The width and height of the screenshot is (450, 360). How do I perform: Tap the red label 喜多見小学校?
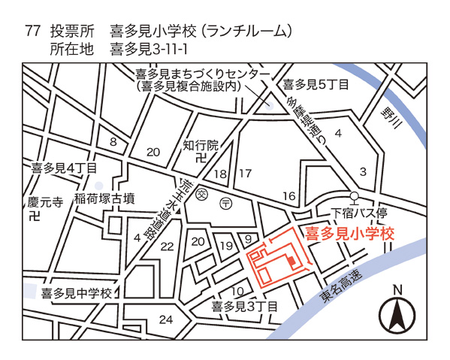click(349, 234)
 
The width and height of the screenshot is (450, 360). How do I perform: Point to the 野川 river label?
click(389, 121)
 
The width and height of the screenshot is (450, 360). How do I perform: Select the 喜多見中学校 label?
click(76, 292)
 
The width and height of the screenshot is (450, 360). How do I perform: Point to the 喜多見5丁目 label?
click(315, 84)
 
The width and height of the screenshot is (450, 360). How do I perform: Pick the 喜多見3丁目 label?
click(244, 306)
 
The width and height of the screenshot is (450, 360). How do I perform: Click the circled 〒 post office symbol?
click(225, 204)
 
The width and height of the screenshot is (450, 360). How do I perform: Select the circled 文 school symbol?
click(201, 195)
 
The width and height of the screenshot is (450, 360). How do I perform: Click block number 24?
click(166, 319)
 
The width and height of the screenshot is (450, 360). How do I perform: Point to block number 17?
click(245, 174)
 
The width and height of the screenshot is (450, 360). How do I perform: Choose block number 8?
click(113, 142)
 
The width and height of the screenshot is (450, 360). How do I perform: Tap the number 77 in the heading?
click(32, 31)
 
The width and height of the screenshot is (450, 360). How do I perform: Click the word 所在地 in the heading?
click(71, 50)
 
